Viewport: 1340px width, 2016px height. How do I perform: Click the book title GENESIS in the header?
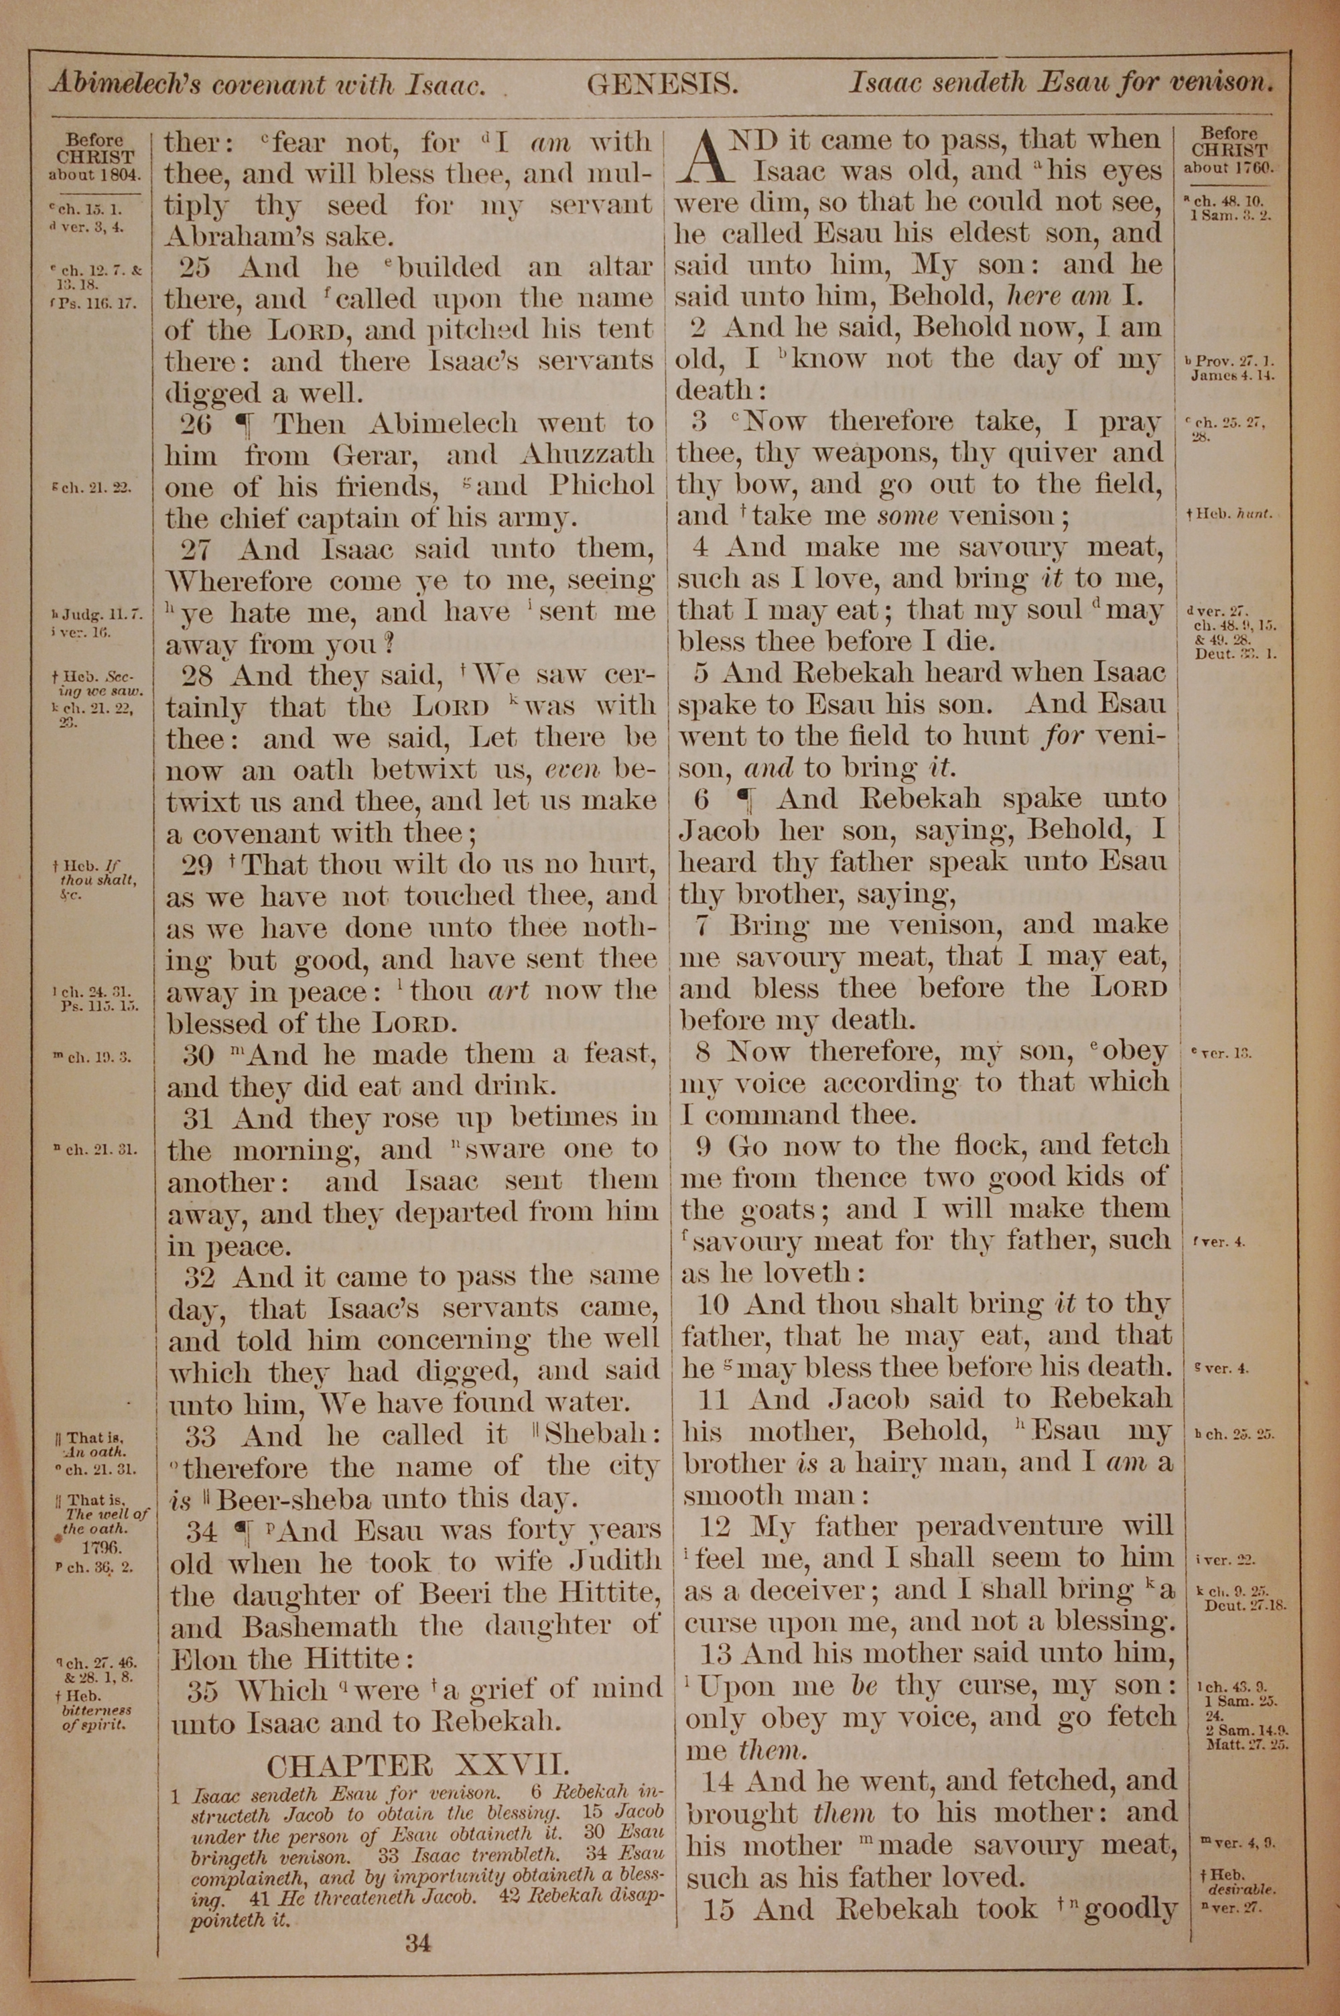pyautogui.click(x=663, y=84)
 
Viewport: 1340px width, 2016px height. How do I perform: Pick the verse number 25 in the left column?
pyautogui.click(x=196, y=267)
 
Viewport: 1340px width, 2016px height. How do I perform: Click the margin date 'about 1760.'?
pyautogui.click(x=1229, y=167)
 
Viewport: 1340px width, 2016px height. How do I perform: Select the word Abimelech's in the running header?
pyautogui.click(x=125, y=84)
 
